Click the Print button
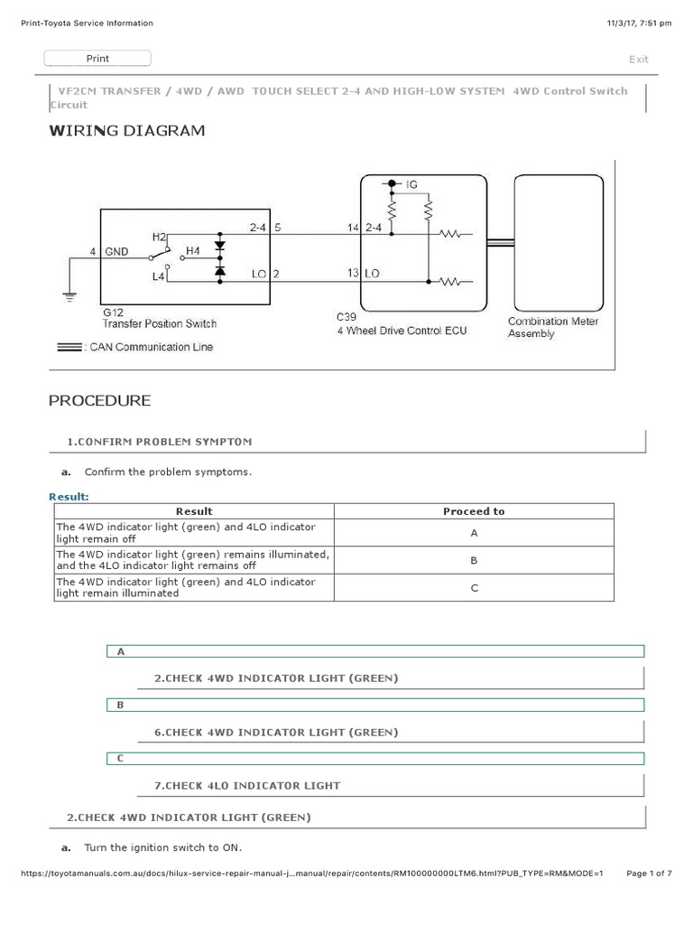tap(97, 59)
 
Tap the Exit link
tap(638, 60)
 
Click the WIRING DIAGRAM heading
tap(126, 131)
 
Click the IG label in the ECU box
tap(411, 184)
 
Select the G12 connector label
tap(113, 311)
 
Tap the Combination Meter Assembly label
tap(553, 327)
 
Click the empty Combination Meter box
tap(559, 242)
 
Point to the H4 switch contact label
tap(192, 250)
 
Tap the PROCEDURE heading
tap(99, 400)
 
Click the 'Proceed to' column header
tap(473, 511)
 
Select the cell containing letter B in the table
tap(473, 560)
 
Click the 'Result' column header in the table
tap(194, 511)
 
